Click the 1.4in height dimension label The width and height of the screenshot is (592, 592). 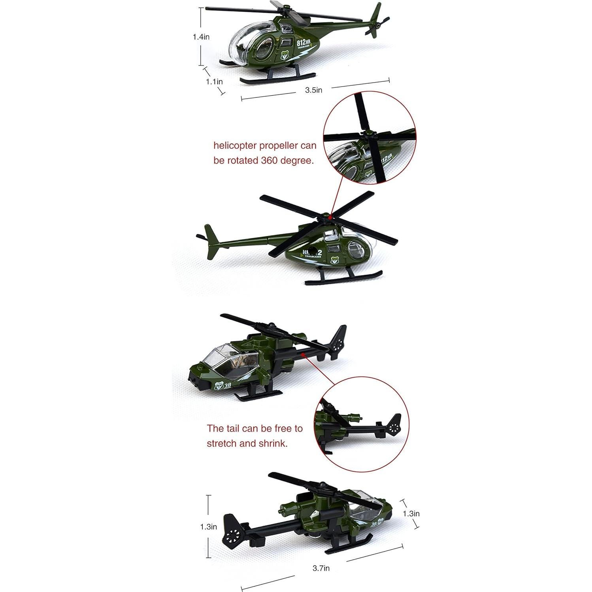click(x=201, y=37)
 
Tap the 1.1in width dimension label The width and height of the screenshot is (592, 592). click(x=214, y=82)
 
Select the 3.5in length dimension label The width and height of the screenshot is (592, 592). click(x=313, y=90)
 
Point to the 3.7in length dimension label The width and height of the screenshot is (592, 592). click(x=321, y=568)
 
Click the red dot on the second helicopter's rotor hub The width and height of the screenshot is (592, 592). click(x=329, y=217)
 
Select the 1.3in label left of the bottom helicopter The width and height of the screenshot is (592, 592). click(x=208, y=527)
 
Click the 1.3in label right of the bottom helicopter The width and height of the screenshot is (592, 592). click(x=411, y=513)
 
